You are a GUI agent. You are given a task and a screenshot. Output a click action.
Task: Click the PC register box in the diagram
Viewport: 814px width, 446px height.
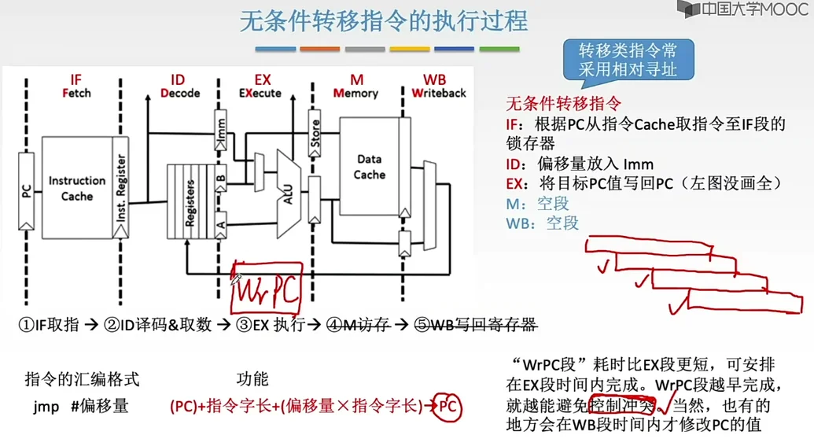(x=26, y=189)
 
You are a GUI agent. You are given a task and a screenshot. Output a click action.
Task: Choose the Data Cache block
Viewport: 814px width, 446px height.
(x=369, y=167)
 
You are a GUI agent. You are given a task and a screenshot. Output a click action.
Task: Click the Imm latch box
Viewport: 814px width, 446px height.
(x=221, y=131)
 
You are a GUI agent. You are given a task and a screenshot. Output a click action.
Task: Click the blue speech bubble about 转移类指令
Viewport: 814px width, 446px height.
(x=627, y=60)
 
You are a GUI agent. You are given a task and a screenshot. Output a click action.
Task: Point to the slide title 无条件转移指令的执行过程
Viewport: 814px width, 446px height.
(x=384, y=21)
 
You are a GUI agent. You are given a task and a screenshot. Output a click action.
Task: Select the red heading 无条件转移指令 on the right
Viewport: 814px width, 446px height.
(x=563, y=103)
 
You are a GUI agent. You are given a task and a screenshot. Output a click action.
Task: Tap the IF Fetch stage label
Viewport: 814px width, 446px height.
(x=76, y=86)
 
